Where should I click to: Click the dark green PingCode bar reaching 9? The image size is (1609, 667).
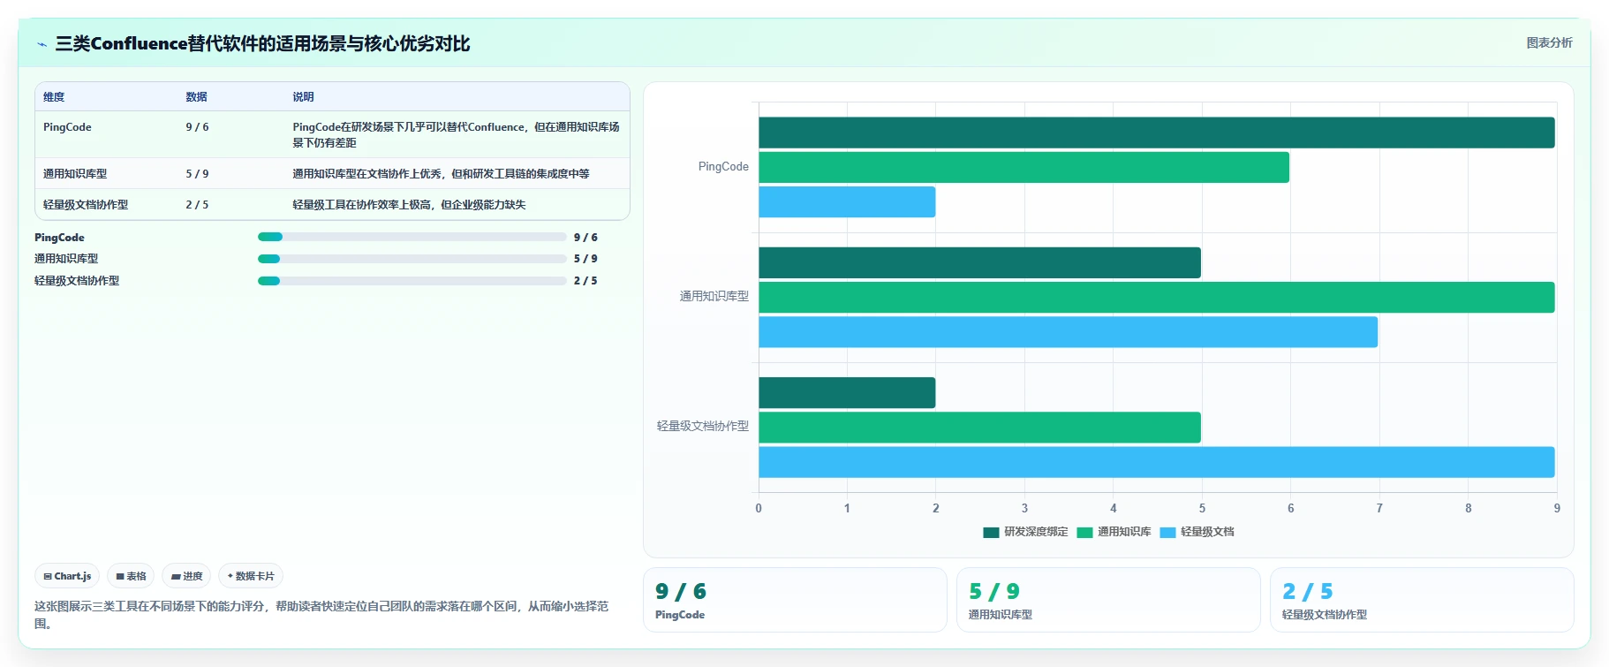click(x=1156, y=133)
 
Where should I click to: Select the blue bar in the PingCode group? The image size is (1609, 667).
click(x=847, y=201)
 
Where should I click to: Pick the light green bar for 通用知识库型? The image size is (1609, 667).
click(x=1156, y=297)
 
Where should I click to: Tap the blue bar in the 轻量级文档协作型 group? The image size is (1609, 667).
click(x=1156, y=462)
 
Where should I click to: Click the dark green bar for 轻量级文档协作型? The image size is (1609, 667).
click(x=847, y=392)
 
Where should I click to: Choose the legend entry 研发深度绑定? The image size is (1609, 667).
click(x=1025, y=532)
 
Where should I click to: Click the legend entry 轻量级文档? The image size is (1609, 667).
click(x=1197, y=532)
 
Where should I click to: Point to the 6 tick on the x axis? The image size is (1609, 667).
click(x=1290, y=508)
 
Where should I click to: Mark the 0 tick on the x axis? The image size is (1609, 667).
click(x=759, y=508)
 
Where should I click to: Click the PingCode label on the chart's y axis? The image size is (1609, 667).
click(x=723, y=166)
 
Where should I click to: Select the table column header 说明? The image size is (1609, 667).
click(x=303, y=97)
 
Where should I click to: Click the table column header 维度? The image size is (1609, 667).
click(x=54, y=97)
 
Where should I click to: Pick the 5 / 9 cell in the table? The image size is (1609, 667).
click(x=197, y=174)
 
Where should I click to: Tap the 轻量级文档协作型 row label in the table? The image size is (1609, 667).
click(x=86, y=205)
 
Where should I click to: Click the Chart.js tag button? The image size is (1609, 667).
click(x=67, y=576)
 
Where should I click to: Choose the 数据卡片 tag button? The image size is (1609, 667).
click(x=251, y=576)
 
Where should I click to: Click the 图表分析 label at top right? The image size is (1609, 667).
click(x=1550, y=42)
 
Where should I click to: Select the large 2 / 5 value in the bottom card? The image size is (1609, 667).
click(x=1308, y=591)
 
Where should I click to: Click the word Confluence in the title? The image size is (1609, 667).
click(x=139, y=43)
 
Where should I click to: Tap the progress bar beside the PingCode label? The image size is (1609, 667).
click(x=412, y=237)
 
